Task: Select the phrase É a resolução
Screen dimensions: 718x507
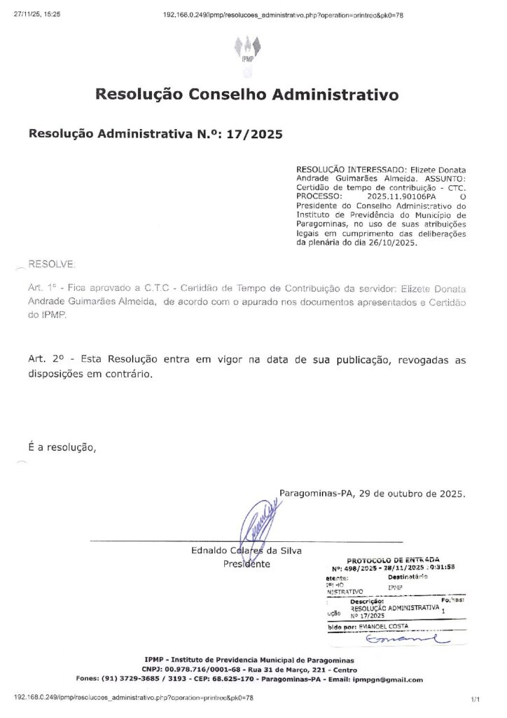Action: coord(62,447)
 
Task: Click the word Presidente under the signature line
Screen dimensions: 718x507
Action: coord(246,564)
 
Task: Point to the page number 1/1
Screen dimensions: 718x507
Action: coord(475,699)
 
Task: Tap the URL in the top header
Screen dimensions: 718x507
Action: coord(282,14)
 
